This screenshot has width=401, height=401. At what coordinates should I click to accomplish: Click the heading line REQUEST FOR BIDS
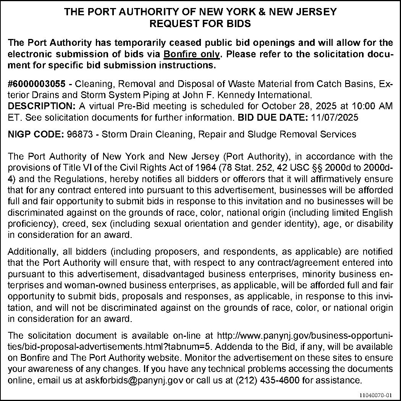[200, 24]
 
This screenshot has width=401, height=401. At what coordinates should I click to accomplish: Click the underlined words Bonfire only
[192, 54]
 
